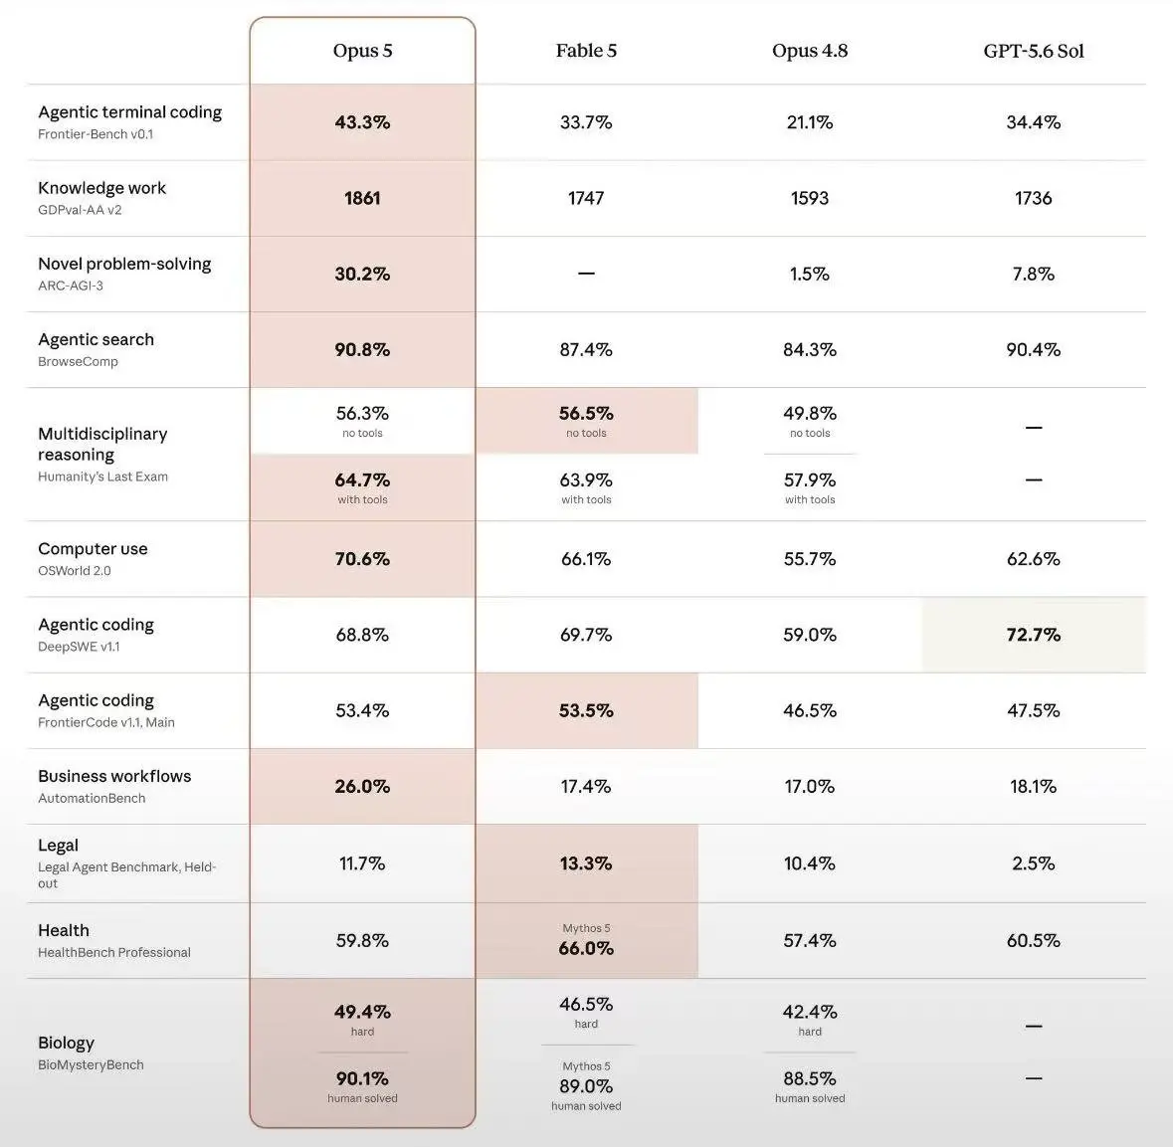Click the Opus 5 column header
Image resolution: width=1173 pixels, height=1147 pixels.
(x=362, y=51)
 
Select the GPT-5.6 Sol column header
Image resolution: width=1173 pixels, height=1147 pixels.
(x=1033, y=51)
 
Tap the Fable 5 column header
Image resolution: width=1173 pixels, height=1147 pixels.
(x=586, y=51)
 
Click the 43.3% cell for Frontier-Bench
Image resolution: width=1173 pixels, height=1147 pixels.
(x=362, y=122)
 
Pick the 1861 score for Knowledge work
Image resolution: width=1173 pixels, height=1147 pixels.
(x=362, y=198)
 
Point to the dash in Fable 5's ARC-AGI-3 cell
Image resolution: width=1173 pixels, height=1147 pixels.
(x=586, y=274)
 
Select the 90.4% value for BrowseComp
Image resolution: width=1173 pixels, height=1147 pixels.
(x=1033, y=349)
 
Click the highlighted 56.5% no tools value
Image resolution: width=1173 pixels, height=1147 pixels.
(x=586, y=413)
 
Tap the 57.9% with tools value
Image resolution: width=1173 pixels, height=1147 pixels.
(x=810, y=479)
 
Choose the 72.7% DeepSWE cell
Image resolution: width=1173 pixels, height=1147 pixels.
(x=1033, y=635)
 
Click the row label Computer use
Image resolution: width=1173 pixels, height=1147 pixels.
(x=93, y=548)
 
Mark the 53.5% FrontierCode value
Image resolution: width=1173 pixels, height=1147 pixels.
(x=586, y=710)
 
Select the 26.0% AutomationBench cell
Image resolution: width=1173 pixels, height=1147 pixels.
(x=362, y=786)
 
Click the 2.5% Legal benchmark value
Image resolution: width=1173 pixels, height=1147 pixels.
(x=1033, y=863)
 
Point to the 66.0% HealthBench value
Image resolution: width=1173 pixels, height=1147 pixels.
(x=586, y=948)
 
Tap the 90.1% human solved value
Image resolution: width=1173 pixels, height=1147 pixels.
(x=362, y=1078)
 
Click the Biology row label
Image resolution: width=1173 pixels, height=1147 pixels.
(x=66, y=1043)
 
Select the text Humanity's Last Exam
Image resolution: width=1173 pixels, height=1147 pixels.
(x=103, y=477)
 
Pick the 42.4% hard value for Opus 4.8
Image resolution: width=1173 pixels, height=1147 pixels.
(x=810, y=1012)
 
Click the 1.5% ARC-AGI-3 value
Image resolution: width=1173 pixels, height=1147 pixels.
(x=810, y=274)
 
